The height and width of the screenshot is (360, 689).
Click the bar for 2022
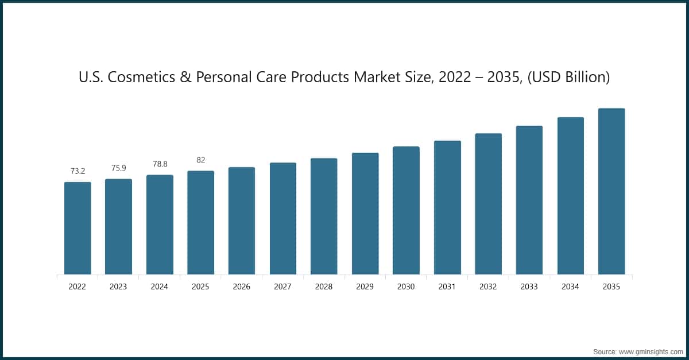click(78, 228)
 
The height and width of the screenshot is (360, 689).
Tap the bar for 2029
click(365, 214)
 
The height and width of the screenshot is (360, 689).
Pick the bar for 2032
click(488, 204)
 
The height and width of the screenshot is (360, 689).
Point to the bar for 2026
click(242, 220)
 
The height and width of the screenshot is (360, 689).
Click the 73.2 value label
click(78, 171)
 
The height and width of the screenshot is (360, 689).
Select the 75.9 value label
click(118, 168)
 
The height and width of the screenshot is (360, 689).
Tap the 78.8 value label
click(160, 164)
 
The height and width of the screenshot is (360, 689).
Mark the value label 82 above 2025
click(200, 160)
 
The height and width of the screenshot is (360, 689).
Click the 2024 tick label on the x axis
click(160, 287)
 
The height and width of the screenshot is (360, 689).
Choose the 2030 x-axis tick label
click(406, 287)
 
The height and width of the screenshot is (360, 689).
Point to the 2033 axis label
click(529, 287)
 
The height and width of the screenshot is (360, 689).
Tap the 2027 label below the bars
click(283, 287)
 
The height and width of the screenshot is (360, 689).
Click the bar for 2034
click(570, 196)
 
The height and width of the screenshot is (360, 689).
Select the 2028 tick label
click(324, 287)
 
